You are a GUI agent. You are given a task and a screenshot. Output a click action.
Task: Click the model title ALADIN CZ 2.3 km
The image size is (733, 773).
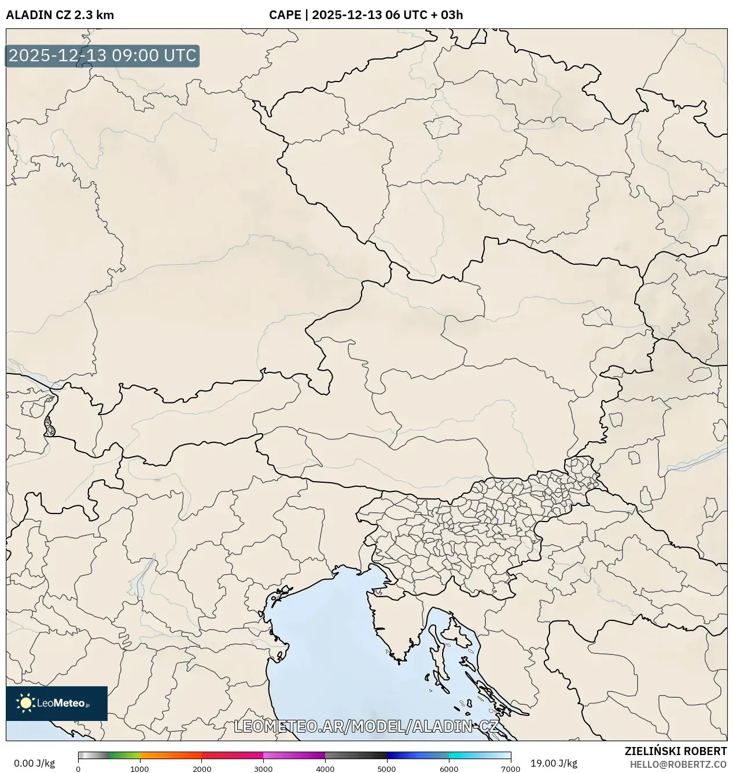pos(60,15)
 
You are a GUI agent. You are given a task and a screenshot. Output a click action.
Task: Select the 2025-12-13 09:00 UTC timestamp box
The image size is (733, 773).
pos(102,56)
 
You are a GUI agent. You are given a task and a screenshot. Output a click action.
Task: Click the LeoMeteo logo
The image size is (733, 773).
pos(57,703)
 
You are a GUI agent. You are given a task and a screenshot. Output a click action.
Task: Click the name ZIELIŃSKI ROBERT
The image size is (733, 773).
pos(675,751)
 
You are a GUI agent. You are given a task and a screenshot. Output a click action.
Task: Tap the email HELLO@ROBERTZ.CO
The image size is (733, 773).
pos(678,764)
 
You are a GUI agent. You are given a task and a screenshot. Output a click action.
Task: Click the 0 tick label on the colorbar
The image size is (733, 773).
pos(78,769)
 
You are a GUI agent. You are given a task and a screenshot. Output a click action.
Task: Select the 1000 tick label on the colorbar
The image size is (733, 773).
pos(139,769)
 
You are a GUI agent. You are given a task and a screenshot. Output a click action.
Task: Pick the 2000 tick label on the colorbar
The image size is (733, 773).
pos(201,769)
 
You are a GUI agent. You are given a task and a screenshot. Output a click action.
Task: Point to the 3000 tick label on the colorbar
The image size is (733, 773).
pos(263,769)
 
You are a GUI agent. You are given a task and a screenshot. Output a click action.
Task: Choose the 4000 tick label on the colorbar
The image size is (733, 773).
pos(325,769)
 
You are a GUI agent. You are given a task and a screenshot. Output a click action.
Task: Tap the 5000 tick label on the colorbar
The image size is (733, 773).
pos(386,769)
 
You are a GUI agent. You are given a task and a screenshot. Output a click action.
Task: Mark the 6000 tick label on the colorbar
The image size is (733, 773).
pos(448,769)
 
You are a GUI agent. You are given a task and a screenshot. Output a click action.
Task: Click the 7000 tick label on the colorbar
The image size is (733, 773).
pos(510,769)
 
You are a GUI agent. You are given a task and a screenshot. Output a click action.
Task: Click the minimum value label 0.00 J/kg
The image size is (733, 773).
pos(34,763)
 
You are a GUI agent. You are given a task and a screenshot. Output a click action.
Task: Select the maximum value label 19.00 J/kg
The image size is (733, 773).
pos(546,763)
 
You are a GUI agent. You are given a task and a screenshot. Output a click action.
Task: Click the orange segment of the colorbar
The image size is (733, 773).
pos(171,755)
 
